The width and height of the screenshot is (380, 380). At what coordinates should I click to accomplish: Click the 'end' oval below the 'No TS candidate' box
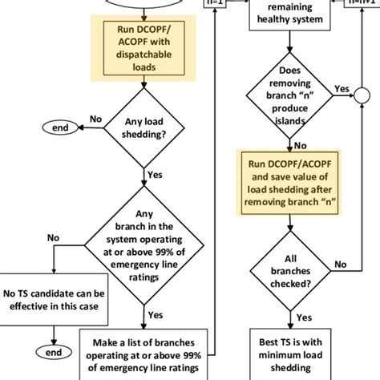[x=54, y=351]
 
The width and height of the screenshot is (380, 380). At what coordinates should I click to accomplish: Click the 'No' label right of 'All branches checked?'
[x=340, y=264]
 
